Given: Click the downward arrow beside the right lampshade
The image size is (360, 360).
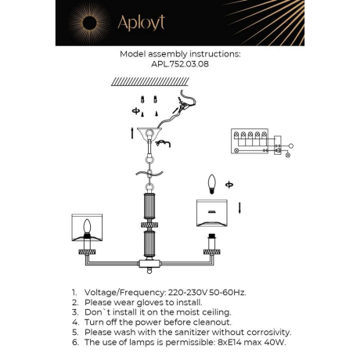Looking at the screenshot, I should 239,208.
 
